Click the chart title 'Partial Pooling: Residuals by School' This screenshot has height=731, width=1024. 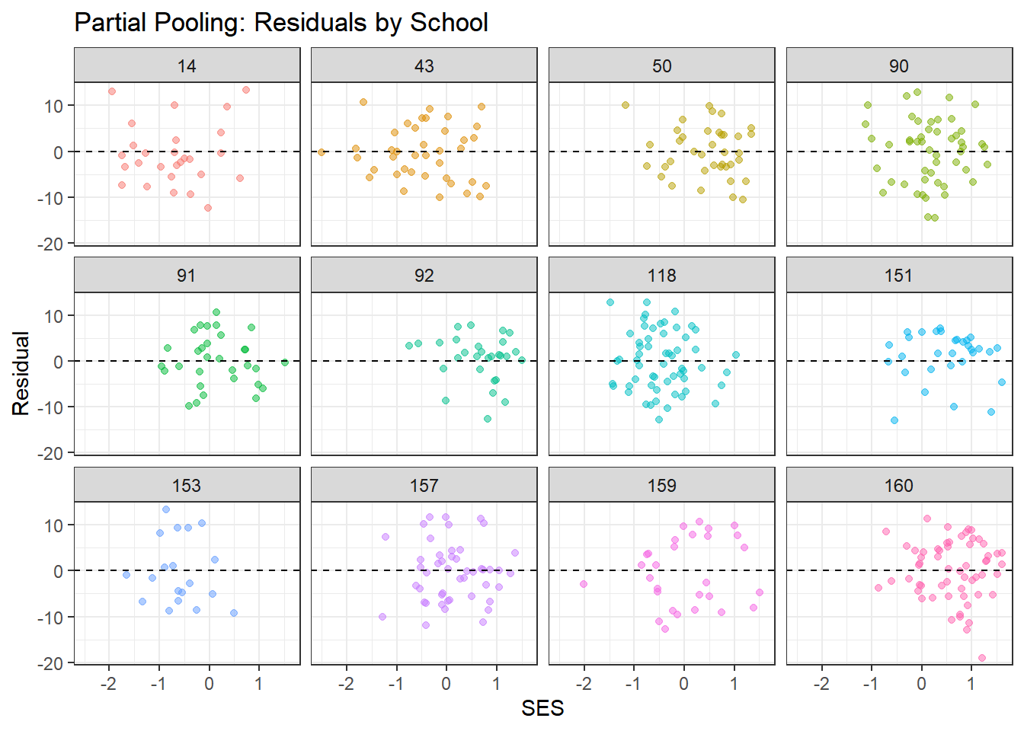tap(280, 23)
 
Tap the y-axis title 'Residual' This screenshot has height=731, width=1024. tap(21, 373)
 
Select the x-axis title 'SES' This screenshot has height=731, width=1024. tap(542, 708)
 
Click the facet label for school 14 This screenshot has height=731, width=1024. tap(187, 66)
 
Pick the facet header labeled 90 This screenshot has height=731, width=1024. tap(899, 66)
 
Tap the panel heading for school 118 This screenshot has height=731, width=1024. tap(661, 276)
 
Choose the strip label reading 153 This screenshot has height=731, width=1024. tap(187, 486)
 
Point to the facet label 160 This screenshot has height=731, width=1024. tap(899, 486)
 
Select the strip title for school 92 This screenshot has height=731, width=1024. tap(424, 276)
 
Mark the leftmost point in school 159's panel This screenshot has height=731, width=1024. tap(584, 584)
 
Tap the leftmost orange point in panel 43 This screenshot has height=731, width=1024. tap(322, 152)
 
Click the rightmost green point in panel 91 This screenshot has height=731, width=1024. tap(285, 362)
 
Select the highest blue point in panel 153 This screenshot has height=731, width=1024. tap(166, 509)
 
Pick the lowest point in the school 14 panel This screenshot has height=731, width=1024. tap(208, 208)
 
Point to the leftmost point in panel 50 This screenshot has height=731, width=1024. tap(626, 105)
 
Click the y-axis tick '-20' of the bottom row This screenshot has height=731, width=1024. tap(53, 663)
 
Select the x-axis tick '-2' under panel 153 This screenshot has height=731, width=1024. tap(108, 684)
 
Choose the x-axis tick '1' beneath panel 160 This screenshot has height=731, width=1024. tap(971, 684)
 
